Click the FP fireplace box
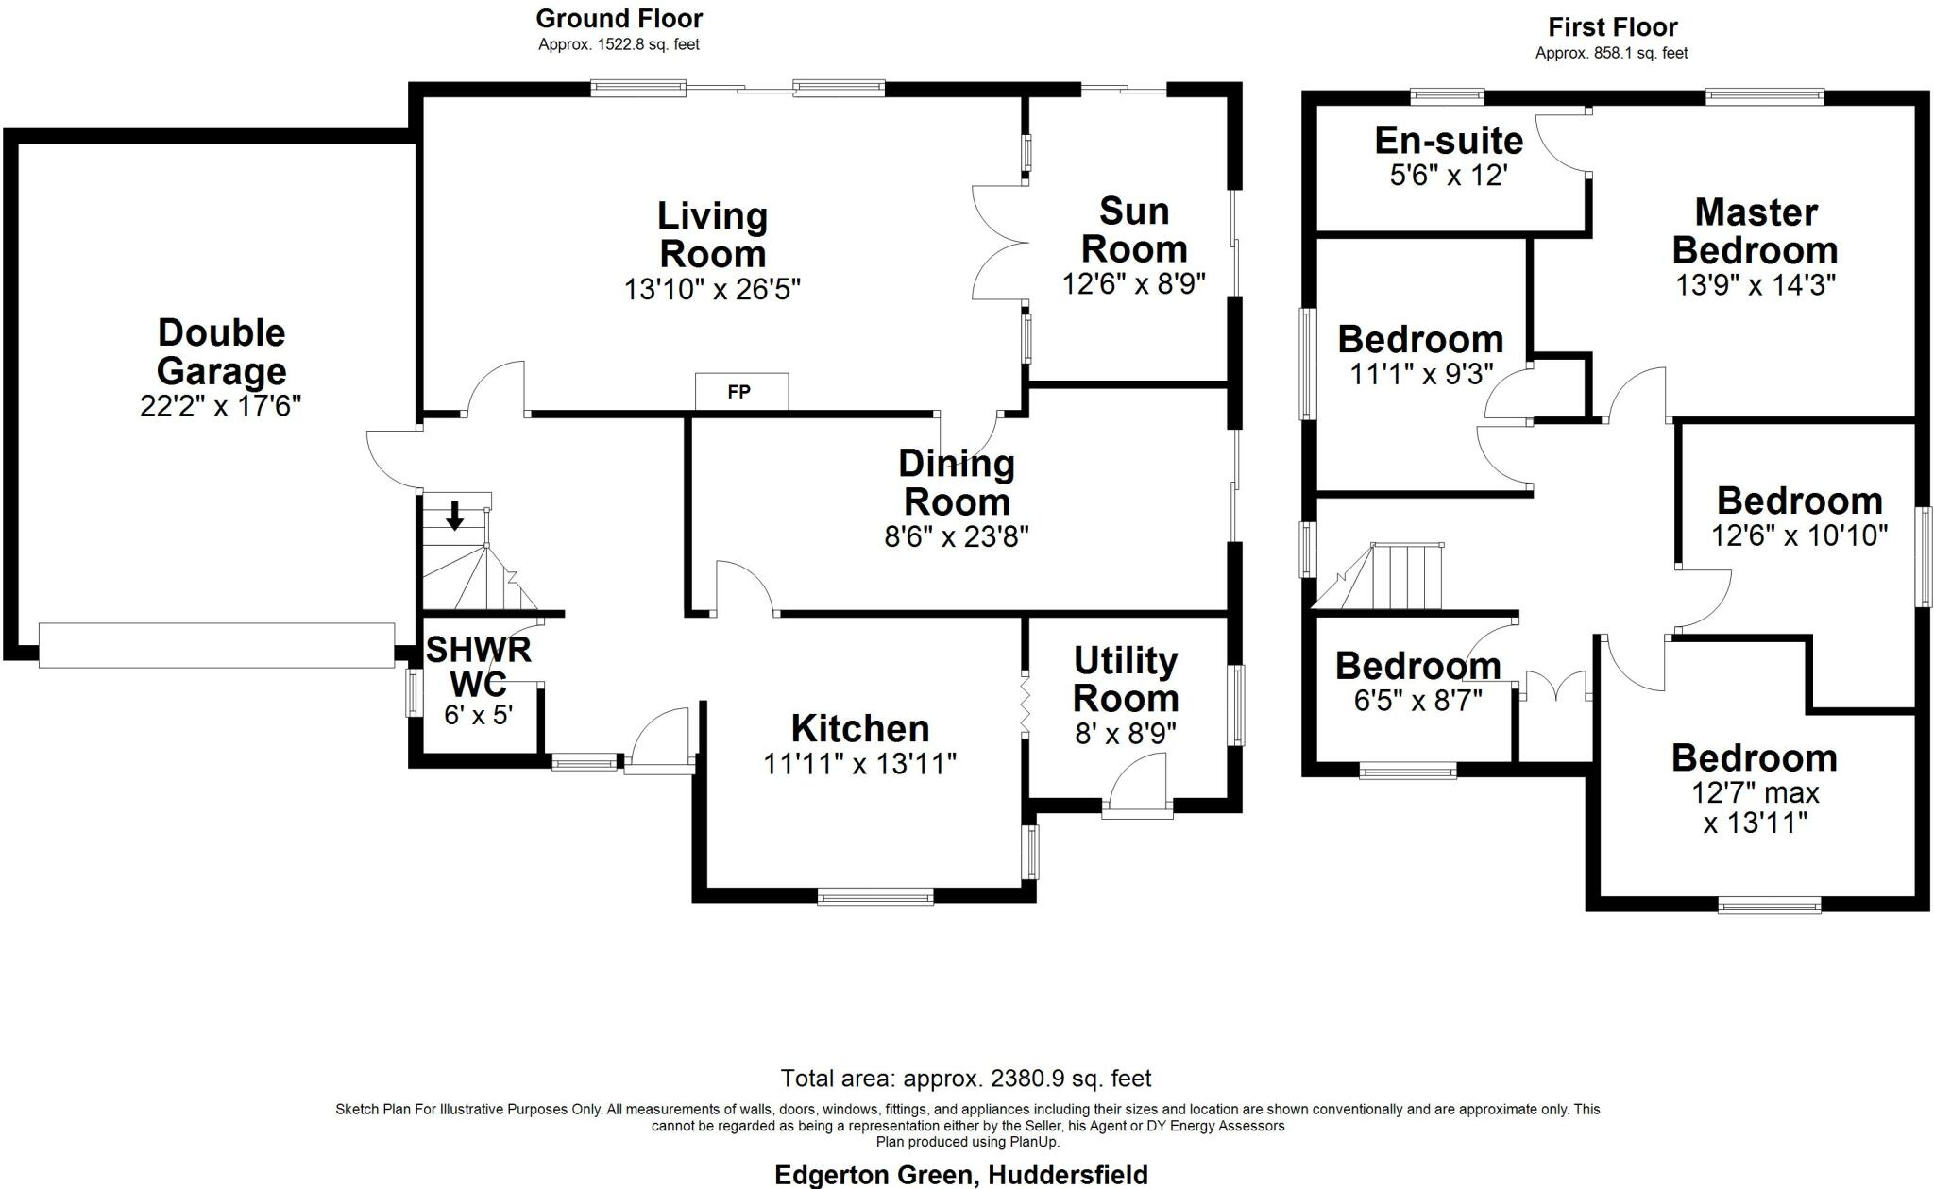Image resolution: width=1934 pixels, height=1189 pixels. tap(740, 391)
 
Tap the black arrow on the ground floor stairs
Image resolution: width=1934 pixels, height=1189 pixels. tap(454, 516)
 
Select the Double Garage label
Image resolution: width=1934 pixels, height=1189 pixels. tap(221, 351)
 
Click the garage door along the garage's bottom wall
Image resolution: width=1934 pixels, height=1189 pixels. tap(216, 645)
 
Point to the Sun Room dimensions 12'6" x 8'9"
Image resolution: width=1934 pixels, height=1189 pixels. tap(1133, 283)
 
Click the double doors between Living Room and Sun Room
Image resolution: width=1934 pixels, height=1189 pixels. tap(1000, 243)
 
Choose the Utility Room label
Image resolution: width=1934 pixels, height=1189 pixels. tap(1126, 680)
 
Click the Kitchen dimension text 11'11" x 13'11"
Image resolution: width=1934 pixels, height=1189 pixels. tap(859, 763)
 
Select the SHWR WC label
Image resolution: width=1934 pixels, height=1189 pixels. tap(478, 666)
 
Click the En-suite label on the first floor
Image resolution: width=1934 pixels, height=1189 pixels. tap(1448, 141)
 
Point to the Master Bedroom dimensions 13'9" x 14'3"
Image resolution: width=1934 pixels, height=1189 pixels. tap(1755, 285)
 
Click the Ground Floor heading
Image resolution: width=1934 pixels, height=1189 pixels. tap(619, 19)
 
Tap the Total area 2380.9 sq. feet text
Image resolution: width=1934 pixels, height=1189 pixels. tap(965, 1078)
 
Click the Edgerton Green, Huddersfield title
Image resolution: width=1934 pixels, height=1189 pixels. tap(960, 1175)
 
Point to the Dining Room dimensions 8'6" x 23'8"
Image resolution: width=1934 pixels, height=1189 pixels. tap(956, 536)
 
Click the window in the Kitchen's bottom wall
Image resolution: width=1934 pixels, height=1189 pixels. tap(875, 896)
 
